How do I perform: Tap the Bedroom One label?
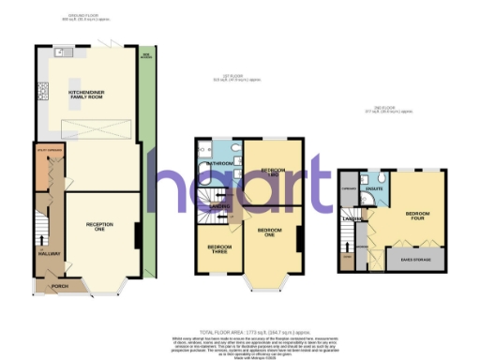pos(271,231)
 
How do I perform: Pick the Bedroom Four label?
pos(418,215)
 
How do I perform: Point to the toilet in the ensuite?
pos(385,178)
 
